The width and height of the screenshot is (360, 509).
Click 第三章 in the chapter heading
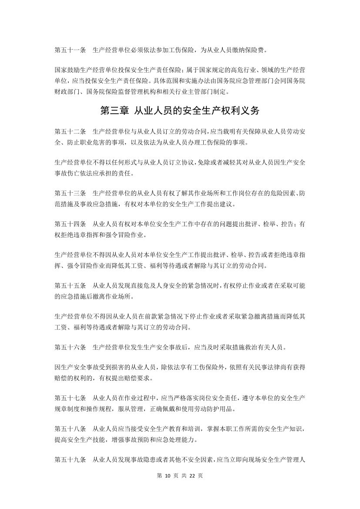[114, 111]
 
